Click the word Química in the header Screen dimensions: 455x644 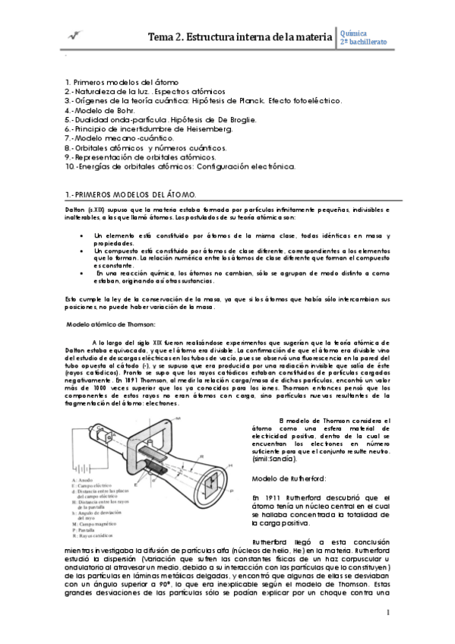tap(358, 32)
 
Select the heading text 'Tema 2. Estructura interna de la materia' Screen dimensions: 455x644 tap(240, 36)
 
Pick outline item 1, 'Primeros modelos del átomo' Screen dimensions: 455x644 tap(121, 81)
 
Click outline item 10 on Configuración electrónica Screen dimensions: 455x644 tap(179, 166)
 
